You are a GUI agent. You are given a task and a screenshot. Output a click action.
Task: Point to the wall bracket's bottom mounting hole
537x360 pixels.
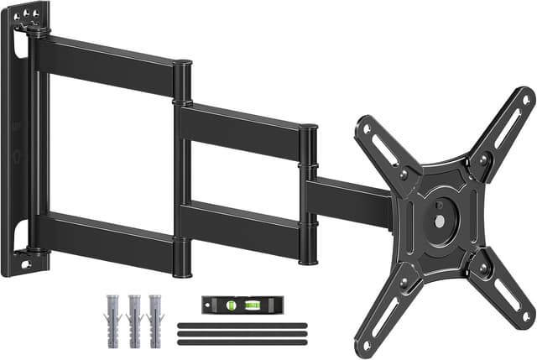(24, 264)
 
